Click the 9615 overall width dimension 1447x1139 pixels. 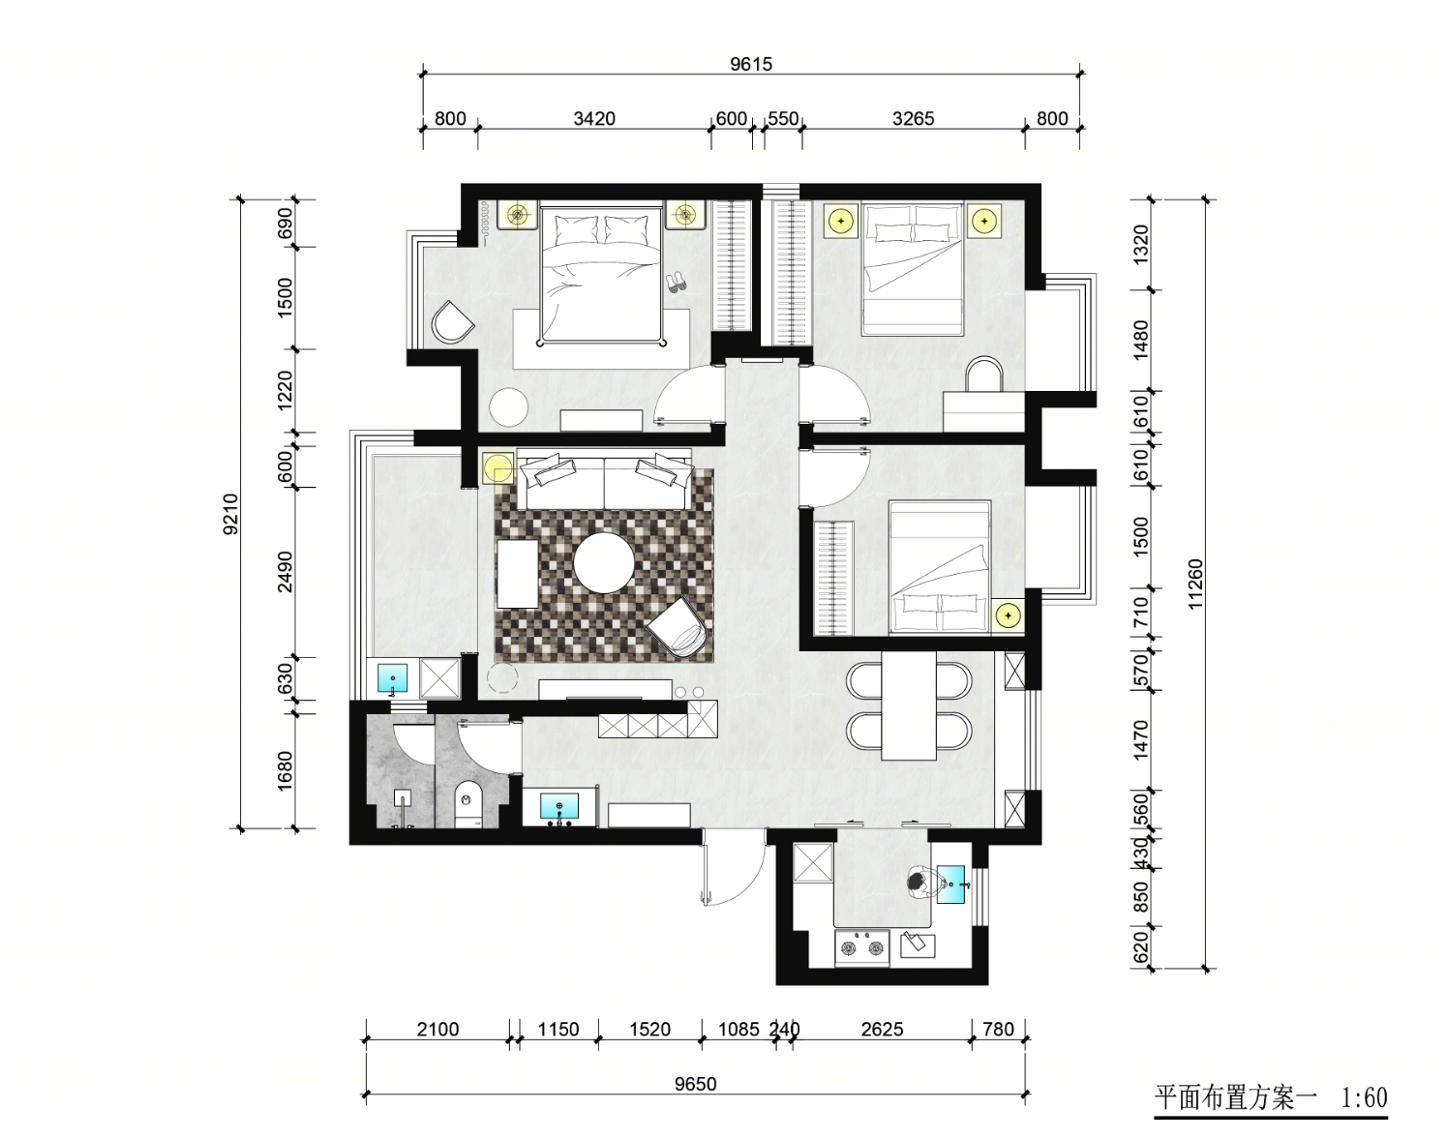pyautogui.click(x=751, y=65)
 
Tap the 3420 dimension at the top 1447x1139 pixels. pyautogui.click(x=594, y=119)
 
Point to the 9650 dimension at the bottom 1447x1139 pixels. pyautogui.click(x=695, y=1084)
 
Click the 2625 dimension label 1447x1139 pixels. pyautogui.click(x=882, y=1030)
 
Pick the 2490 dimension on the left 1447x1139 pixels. pyautogui.click(x=286, y=572)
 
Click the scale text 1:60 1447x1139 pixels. pyautogui.click(x=1364, y=1098)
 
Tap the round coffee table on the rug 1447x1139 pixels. pyautogui.click(x=604, y=563)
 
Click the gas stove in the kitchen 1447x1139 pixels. pyautogui.click(x=862, y=948)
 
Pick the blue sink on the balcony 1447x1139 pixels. pyautogui.click(x=392, y=678)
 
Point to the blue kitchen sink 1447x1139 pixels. pyautogui.click(x=950, y=884)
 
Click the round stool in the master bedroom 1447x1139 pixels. pyautogui.click(x=508, y=406)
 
